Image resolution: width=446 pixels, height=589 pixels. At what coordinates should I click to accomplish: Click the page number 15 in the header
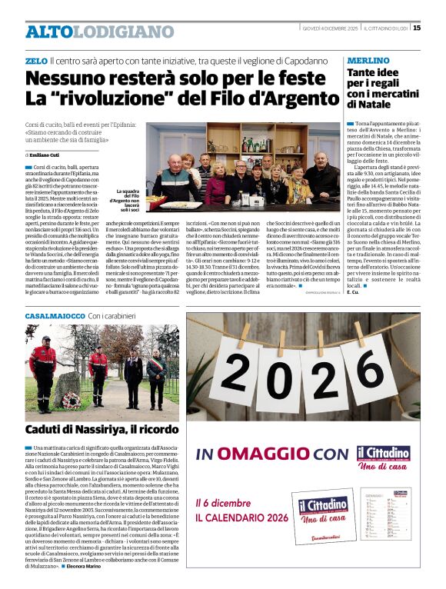[417, 28]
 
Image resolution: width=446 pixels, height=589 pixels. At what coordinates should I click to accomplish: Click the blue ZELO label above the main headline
[35, 60]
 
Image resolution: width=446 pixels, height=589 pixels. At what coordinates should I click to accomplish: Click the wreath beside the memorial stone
[72, 398]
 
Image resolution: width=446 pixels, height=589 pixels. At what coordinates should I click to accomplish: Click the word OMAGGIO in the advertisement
[265, 454]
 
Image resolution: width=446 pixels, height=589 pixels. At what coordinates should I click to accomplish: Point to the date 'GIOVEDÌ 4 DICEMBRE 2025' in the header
[331, 28]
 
